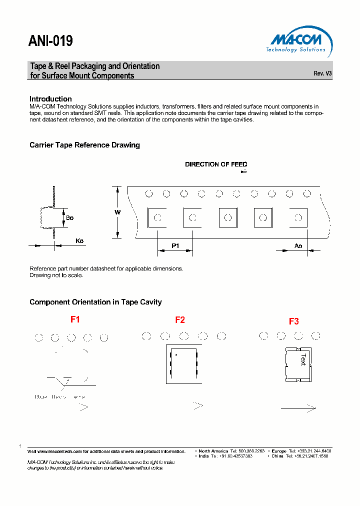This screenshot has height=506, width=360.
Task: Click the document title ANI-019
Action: point(51,41)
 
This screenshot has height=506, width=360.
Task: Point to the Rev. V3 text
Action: point(322,73)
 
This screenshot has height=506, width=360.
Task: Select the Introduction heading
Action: point(50,99)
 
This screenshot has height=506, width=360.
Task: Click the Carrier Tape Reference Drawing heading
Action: point(84,145)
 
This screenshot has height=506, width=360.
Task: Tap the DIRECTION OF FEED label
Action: point(216,164)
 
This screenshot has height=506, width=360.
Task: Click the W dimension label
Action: point(117,212)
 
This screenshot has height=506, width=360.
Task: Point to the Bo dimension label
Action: point(69,218)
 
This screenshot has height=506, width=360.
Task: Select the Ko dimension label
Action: point(79,241)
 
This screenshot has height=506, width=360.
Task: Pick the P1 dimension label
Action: point(175,245)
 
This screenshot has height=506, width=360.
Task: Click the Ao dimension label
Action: point(298,245)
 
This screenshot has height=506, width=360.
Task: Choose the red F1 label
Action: point(75,319)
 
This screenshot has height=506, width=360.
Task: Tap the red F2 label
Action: point(180,320)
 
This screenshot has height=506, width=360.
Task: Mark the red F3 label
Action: point(294,321)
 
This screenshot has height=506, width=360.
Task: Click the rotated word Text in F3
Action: point(303,360)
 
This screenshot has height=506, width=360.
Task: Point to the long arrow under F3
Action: point(298,408)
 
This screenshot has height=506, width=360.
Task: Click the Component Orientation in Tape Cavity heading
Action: point(95,302)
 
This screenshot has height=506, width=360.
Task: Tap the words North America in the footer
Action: point(213,451)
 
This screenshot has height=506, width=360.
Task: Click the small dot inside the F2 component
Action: point(176,355)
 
